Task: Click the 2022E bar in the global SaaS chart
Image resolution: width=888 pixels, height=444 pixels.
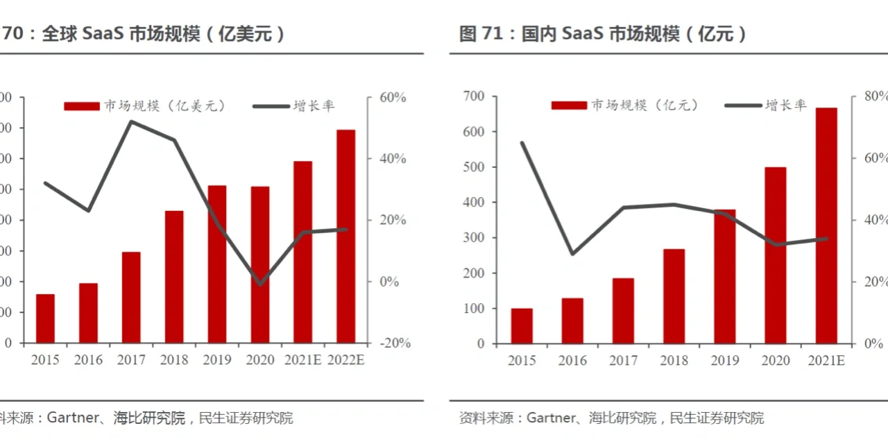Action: (x=345, y=236)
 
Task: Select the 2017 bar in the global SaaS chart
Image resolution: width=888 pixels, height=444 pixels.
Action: (x=131, y=297)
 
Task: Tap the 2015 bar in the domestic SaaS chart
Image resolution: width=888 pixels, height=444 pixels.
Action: (x=522, y=325)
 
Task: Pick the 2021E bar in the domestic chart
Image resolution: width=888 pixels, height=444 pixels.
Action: (x=826, y=225)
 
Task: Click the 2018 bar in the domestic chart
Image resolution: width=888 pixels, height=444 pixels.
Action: (x=674, y=296)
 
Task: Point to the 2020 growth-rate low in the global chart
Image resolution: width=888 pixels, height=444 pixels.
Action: (x=260, y=284)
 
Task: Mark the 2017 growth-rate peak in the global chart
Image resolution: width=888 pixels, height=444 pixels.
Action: (x=131, y=121)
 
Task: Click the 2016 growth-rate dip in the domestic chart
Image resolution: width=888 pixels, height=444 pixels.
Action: (x=572, y=254)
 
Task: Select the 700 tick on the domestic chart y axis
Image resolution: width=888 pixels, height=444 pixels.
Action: (x=475, y=96)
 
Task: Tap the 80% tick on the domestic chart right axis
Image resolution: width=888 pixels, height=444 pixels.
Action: (x=872, y=96)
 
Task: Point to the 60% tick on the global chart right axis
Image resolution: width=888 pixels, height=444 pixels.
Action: (x=393, y=98)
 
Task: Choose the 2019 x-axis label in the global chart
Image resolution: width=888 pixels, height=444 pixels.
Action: (x=217, y=360)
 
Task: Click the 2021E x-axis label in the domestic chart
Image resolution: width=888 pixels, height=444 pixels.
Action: (x=826, y=361)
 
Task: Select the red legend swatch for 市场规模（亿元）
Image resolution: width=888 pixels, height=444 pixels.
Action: (x=569, y=105)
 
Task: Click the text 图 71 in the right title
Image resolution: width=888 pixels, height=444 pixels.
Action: (x=480, y=34)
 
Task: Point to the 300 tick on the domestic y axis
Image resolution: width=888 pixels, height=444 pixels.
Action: (x=475, y=238)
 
